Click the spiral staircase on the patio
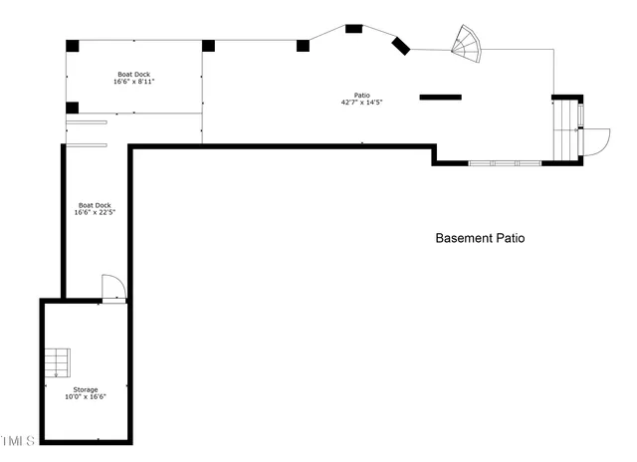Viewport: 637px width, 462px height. point(466,41)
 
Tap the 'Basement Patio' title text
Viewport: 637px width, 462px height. point(480,238)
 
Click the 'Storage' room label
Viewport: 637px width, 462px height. point(85,389)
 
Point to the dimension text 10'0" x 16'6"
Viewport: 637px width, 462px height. point(85,396)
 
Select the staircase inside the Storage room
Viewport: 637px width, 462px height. point(57,361)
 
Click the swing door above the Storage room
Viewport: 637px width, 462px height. point(113,288)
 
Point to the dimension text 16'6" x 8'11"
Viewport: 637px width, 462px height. point(133,82)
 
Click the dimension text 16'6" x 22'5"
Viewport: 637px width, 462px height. point(95,212)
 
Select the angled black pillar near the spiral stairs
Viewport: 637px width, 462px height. point(401,46)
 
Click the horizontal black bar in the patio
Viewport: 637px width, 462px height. point(440,97)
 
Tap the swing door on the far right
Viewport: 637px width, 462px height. point(595,141)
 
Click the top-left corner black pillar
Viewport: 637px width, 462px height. point(73,45)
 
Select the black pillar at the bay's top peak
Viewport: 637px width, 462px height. point(353,28)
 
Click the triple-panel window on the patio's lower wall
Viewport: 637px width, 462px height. point(505,162)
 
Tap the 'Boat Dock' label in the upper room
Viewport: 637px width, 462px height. point(133,75)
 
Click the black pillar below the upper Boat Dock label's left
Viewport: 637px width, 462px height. point(72,108)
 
